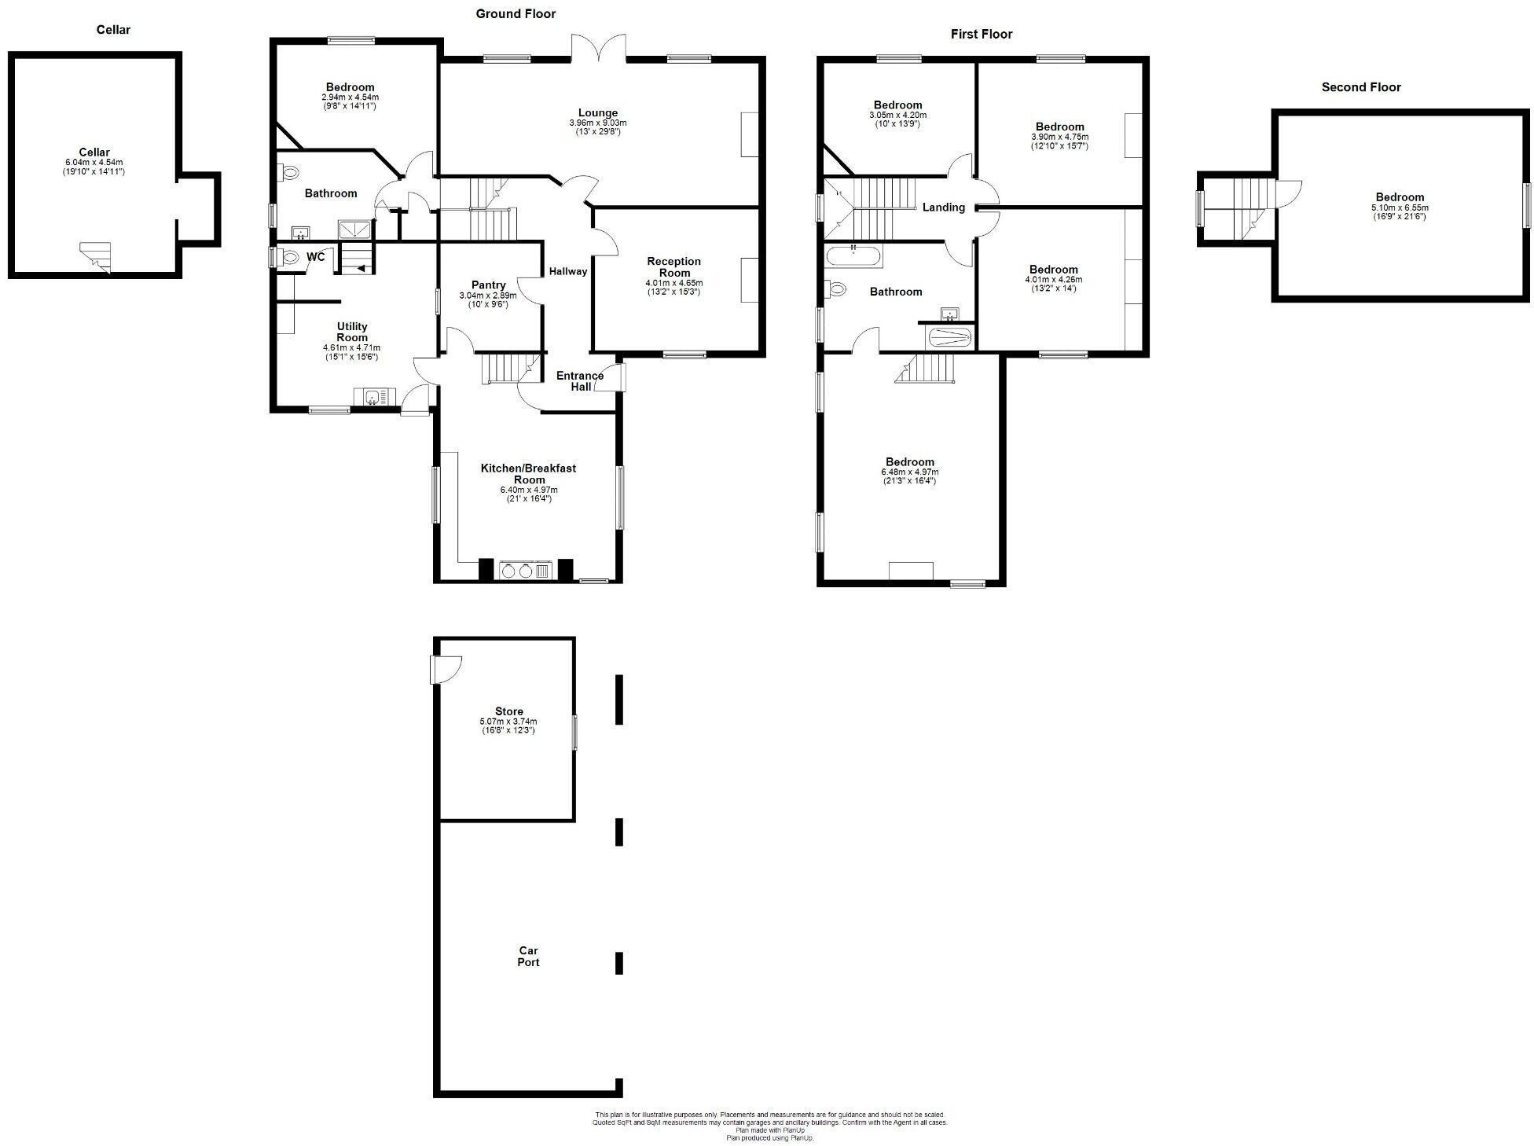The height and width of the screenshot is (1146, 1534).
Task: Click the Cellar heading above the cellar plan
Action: click(x=113, y=30)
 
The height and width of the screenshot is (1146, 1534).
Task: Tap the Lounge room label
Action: click(x=597, y=112)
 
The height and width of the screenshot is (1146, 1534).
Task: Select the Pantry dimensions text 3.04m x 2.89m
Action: click(x=487, y=296)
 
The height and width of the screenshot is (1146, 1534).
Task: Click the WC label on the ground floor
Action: click(x=315, y=257)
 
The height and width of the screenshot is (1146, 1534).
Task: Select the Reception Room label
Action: click(x=673, y=267)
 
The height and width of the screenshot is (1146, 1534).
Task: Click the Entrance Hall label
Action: click(x=580, y=381)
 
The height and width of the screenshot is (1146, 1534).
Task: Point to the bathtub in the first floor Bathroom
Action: click(x=853, y=255)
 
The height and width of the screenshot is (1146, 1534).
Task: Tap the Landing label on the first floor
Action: click(x=943, y=208)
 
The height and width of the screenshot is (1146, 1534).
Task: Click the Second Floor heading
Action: click(x=1360, y=87)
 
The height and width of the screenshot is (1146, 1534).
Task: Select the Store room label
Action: click(x=508, y=711)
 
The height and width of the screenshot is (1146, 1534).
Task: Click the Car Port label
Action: click(x=528, y=957)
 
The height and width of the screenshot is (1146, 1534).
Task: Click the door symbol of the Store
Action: click(x=446, y=670)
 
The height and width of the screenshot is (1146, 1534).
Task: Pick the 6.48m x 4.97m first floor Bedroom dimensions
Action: click(x=909, y=472)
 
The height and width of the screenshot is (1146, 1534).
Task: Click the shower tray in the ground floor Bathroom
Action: click(x=356, y=229)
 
